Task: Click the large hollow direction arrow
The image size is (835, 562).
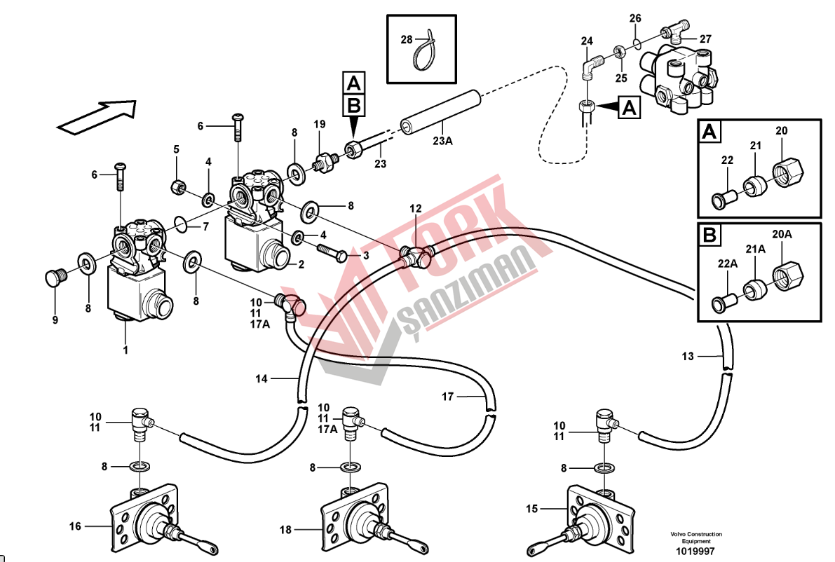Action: [x=96, y=116]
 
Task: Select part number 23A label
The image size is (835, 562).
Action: [x=442, y=141]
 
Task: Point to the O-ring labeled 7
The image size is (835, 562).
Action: [x=179, y=225]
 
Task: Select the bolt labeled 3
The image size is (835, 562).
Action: [x=332, y=251]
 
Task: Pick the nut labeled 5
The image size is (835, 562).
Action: [x=177, y=187]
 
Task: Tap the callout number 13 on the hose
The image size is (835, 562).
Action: [x=688, y=357]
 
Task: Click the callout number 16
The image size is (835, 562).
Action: [x=75, y=526]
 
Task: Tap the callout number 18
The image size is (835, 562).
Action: [x=285, y=530]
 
